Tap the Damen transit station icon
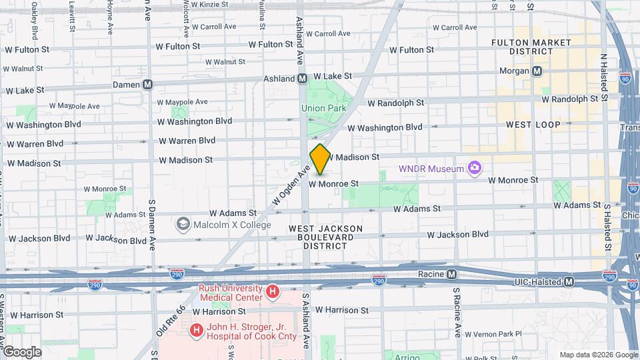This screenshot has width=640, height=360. click(147, 85)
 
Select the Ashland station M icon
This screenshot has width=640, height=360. click(302, 79)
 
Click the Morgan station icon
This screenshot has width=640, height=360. click(537, 71)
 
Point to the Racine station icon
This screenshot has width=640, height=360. click(452, 274)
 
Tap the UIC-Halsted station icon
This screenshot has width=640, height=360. click(569, 282)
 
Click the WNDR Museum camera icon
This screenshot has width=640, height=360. click(474, 169)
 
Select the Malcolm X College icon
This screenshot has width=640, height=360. click(183, 225)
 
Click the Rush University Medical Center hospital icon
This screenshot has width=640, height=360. click(272, 291)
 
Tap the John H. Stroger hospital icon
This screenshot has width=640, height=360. click(196, 329)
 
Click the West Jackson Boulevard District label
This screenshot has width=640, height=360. click(325, 237)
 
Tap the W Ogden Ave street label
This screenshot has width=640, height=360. click(291, 185)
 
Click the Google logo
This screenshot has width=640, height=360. click(22, 352)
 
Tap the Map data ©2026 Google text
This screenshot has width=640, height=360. click(597, 355)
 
